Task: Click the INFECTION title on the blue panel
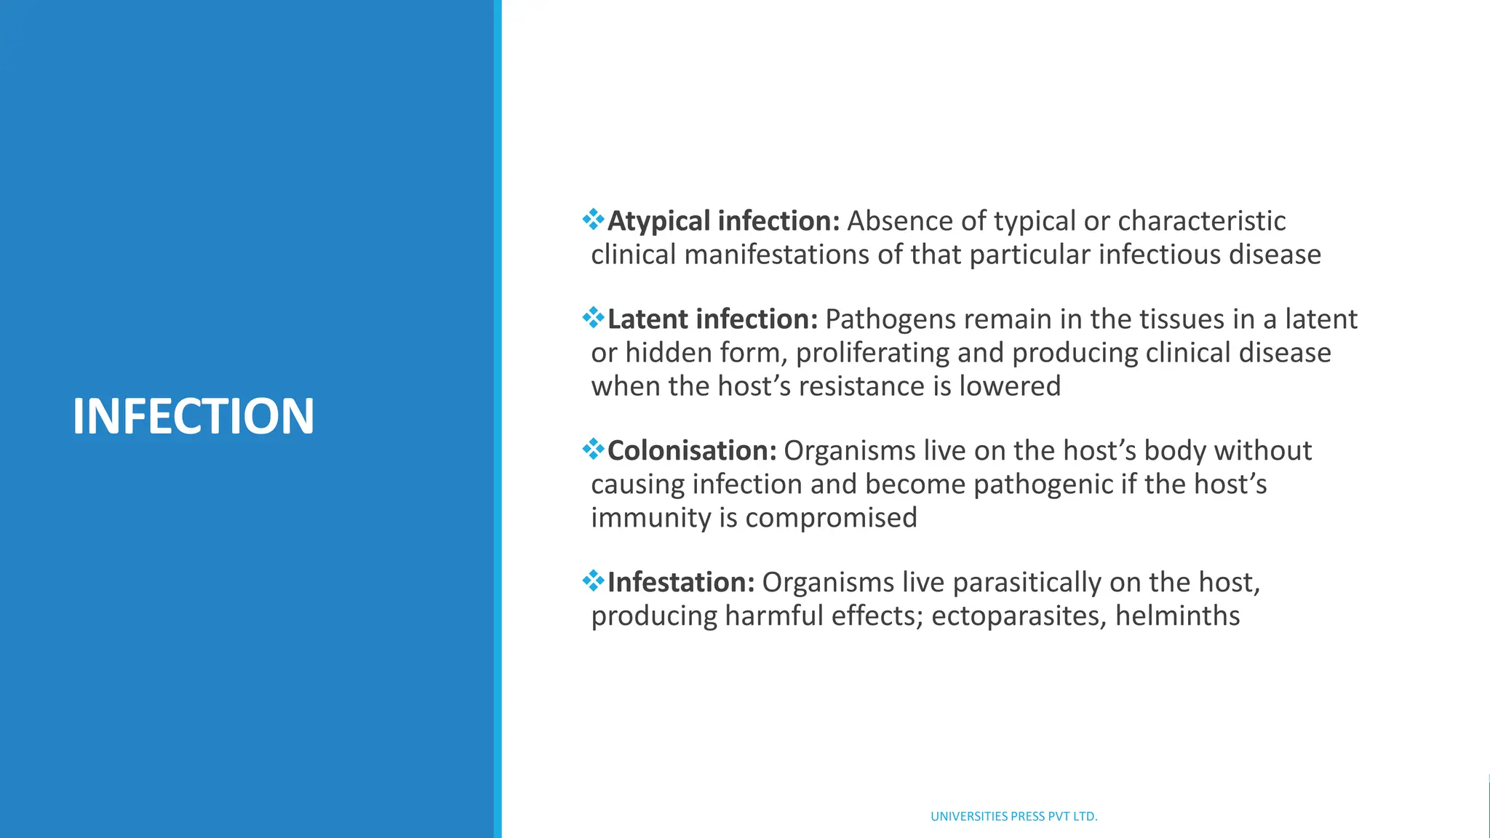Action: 193,416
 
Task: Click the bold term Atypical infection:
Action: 723,221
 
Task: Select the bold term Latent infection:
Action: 712,319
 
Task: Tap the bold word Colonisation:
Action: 692,451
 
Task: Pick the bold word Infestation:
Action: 681,583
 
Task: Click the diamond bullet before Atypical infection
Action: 594,219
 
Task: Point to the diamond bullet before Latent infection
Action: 594,317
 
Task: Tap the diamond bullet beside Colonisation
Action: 594,449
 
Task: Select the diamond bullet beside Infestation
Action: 594,580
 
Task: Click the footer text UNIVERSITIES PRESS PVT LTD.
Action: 1013,816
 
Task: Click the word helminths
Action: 1177,616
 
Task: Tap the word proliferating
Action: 872,353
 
